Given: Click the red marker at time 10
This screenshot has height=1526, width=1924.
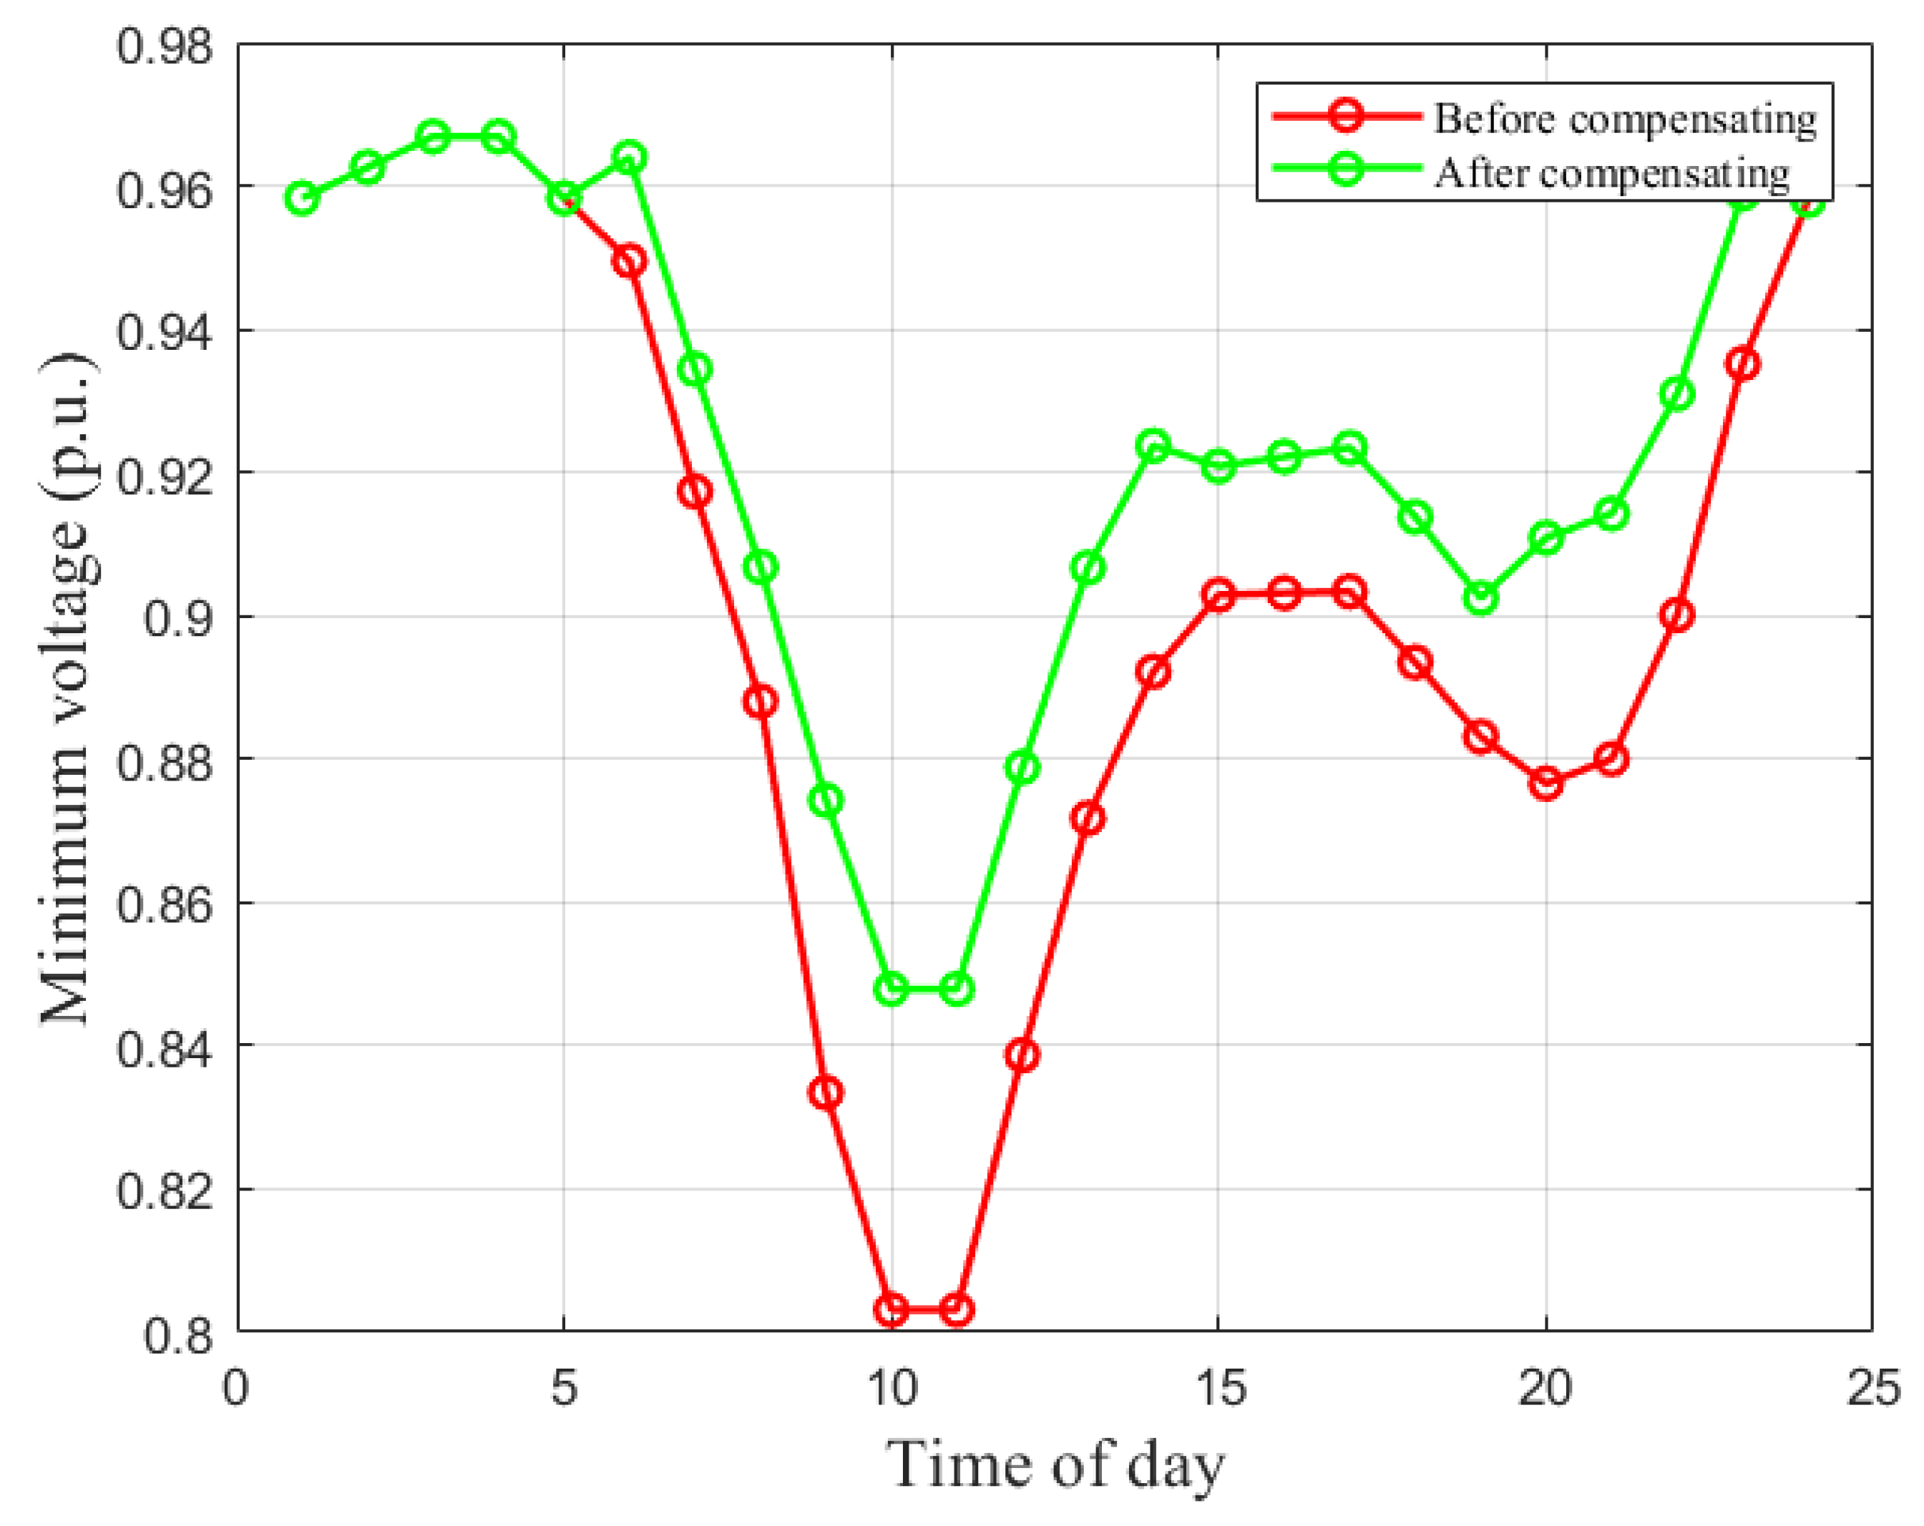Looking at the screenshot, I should pos(892,1309).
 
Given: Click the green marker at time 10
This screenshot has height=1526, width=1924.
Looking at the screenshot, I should pos(892,989).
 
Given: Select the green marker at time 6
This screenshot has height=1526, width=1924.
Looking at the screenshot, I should pos(630,158).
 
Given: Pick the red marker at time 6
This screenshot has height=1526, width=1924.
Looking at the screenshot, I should pos(630,261).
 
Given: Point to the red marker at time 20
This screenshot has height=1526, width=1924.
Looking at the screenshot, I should pos(1546,783).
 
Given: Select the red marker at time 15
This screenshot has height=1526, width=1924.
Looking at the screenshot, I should pos(1219,595).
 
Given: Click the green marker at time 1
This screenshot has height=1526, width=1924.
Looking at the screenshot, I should pos(303,198).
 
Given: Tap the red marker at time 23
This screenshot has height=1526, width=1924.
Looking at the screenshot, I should pos(1743,364).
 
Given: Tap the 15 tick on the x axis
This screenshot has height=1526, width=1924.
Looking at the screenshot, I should pos(1219,1389).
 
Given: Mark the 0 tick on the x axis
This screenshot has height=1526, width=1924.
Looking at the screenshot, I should pos(237,1389).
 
